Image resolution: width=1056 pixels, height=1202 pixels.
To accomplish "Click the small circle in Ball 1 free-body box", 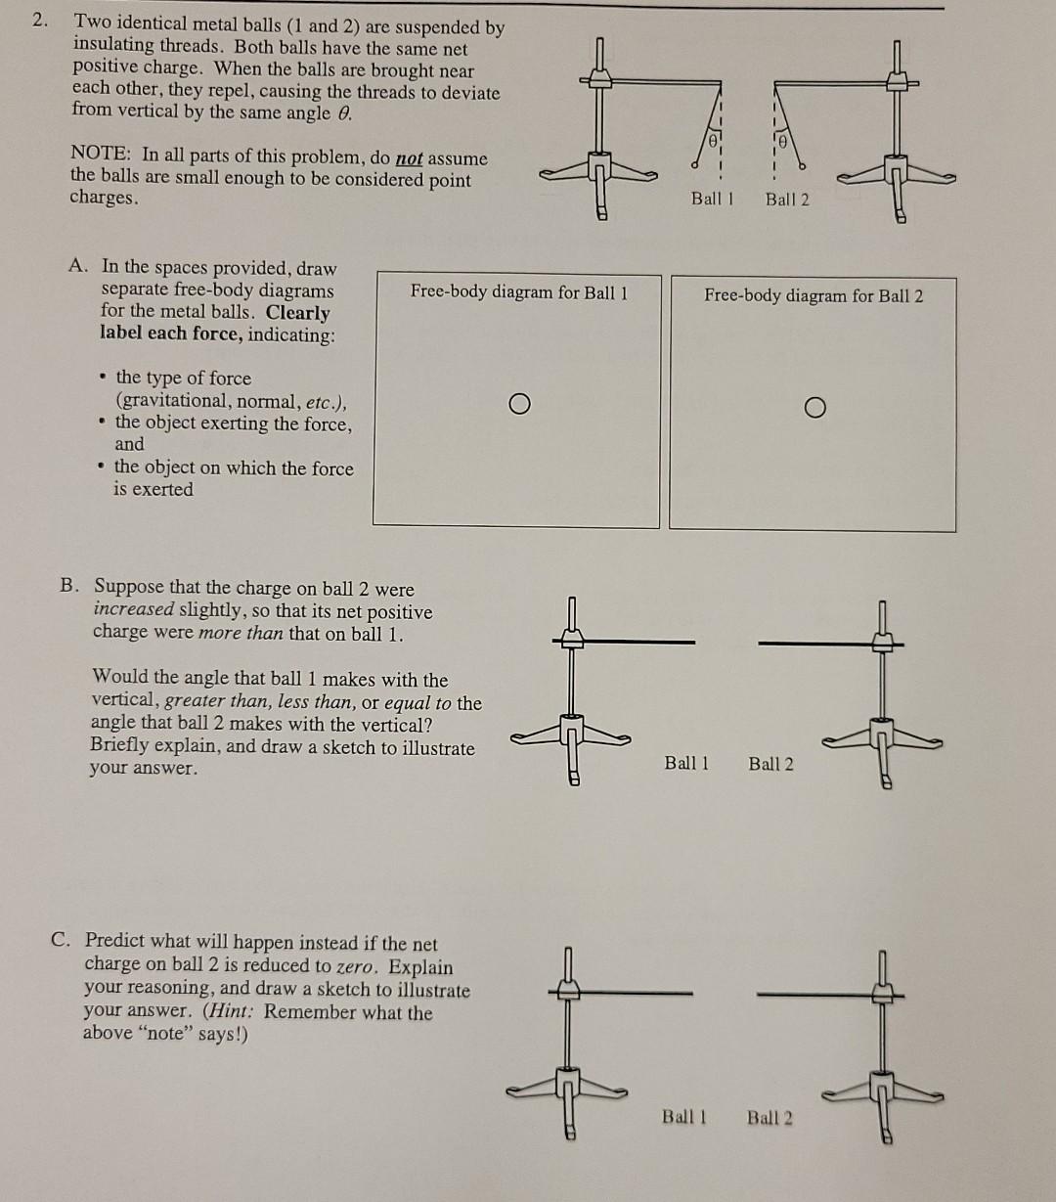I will [520, 404].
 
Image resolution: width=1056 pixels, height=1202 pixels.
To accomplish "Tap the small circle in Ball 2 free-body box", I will [815, 408].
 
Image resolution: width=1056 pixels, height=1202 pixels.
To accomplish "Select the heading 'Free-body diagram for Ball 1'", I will [518, 291].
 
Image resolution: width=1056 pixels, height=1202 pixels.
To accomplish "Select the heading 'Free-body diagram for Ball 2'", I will [814, 295].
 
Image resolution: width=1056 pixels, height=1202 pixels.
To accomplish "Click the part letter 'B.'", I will [70, 585].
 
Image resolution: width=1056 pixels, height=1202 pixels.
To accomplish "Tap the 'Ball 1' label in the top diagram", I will [712, 199].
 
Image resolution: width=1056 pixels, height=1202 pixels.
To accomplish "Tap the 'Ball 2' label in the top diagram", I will [787, 200].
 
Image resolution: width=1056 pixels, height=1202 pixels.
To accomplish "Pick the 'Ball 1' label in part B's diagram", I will [686, 763].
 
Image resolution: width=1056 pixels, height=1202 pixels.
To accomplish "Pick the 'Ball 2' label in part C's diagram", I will [770, 1117].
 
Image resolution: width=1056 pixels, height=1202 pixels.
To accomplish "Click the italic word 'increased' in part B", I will [133, 608].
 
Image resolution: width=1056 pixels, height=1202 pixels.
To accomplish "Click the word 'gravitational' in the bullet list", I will [172, 401].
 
